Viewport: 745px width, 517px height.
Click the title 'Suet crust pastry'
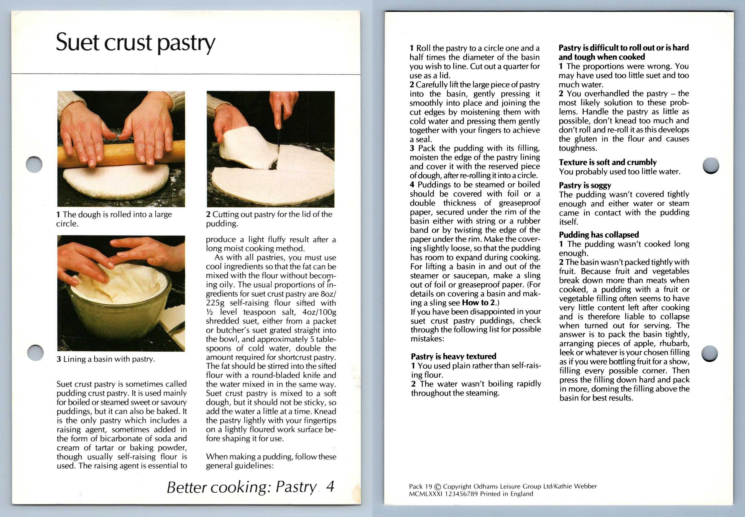pos(135,43)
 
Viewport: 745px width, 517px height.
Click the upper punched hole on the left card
pos(34,165)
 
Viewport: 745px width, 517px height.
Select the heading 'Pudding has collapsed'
pos(599,234)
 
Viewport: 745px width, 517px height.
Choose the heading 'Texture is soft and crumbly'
pos(608,162)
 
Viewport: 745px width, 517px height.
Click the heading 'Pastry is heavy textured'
pos(453,356)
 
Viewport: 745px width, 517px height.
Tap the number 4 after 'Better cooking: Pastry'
pos(330,486)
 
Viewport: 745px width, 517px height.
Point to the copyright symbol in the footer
pos(438,486)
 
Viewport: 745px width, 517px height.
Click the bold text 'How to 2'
pos(478,302)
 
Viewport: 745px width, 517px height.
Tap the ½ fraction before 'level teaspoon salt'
pos(209,312)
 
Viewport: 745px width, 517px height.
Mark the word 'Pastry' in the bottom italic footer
pos(296,487)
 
